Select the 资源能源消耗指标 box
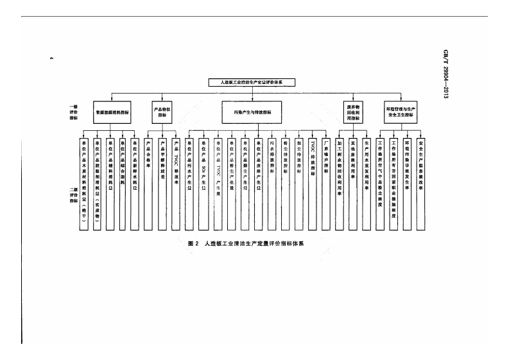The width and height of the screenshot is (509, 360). tap(112, 111)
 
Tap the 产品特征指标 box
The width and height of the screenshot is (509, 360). tap(162, 111)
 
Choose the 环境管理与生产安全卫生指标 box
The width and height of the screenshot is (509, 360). tap(406, 111)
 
